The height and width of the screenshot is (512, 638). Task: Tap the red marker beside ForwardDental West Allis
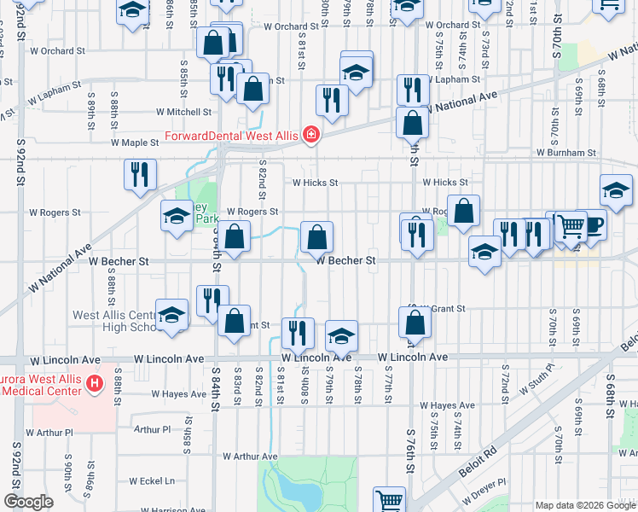tap(312, 135)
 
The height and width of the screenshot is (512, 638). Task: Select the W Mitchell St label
tap(183, 112)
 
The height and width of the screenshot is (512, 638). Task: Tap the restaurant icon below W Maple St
tap(139, 173)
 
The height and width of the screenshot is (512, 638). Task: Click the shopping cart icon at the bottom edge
tap(390, 500)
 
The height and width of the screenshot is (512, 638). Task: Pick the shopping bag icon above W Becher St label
tap(316, 236)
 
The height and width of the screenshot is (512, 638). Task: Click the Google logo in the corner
tap(28, 503)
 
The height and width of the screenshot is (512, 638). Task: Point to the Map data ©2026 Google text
tap(584, 505)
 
